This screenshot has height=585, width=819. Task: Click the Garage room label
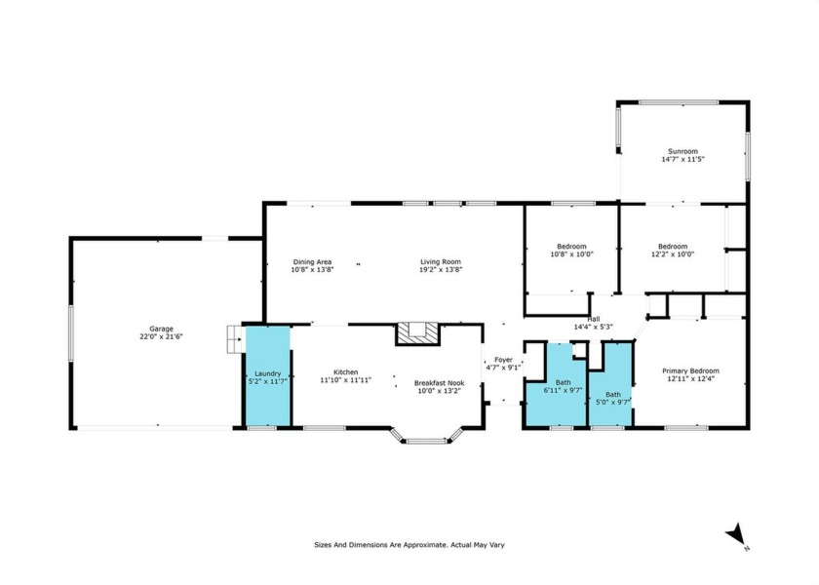(x=161, y=330)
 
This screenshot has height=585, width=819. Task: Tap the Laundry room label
(x=268, y=374)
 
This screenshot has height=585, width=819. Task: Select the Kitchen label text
(x=346, y=372)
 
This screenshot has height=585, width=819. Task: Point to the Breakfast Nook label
(x=440, y=383)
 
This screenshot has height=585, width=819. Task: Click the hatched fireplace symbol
(x=418, y=333)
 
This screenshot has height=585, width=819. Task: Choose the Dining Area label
(x=312, y=262)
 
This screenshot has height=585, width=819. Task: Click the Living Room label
(x=441, y=262)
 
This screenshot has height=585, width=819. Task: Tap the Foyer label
(x=503, y=360)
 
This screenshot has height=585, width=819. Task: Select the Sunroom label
(x=683, y=151)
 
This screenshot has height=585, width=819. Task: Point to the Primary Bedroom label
(x=690, y=371)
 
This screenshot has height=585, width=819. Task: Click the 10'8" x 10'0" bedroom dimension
(x=572, y=254)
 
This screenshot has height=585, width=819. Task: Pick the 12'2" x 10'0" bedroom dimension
(x=673, y=254)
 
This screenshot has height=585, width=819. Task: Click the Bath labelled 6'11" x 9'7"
(x=564, y=383)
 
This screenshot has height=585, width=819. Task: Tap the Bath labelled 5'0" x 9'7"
(x=613, y=395)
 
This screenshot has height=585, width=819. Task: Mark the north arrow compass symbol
(x=736, y=535)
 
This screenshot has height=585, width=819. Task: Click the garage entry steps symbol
(x=236, y=339)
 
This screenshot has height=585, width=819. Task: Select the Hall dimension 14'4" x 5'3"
(x=594, y=327)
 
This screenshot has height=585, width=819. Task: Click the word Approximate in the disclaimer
(x=426, y=545)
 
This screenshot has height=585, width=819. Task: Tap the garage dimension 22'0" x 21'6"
(x=161, y=337)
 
